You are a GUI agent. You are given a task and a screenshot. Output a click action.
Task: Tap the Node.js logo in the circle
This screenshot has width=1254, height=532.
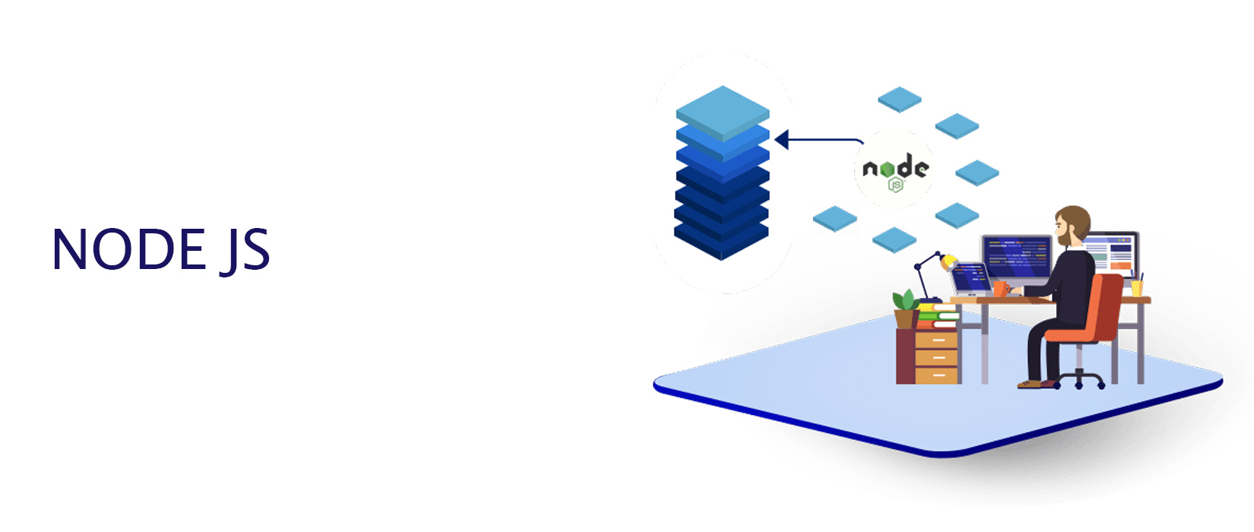[895, 172]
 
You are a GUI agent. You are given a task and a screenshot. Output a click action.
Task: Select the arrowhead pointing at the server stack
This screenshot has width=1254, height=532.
[781, 140]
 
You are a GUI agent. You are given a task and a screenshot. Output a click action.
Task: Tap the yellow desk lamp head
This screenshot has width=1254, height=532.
[948, 263]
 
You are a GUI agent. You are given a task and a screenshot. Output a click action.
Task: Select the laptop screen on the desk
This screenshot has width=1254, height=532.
[971, 277]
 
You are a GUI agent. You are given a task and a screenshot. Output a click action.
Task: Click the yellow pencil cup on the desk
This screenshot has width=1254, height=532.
[1136, 288]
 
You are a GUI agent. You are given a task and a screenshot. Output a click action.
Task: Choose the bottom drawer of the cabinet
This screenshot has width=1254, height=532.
[936, 374]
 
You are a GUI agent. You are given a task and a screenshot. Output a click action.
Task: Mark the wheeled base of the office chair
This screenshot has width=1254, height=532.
[1080, 378]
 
